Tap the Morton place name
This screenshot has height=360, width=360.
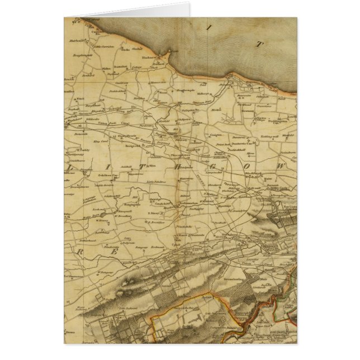(217, 111)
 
